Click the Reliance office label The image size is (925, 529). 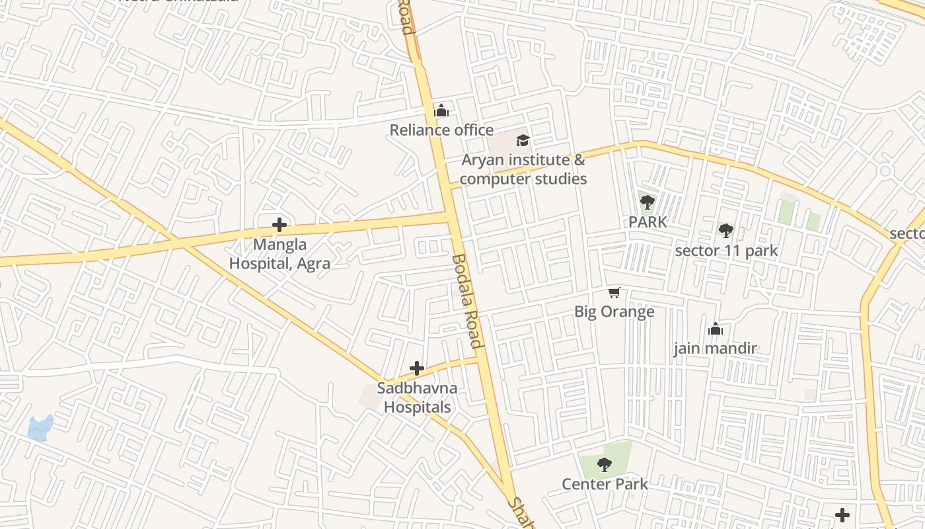click(x=441, y=130)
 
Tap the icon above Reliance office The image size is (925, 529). click(x=441, y=110)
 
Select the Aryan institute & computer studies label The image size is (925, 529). click(x=523, y=169)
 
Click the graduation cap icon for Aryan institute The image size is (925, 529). click(x=523, y=140)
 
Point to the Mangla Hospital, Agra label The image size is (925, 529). click(x=279, y=254)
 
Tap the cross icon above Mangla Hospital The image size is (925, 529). click(x=279, y=225)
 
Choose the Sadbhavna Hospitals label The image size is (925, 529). click(x=418, y=397)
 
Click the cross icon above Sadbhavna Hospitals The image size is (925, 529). click(x=417, y=368)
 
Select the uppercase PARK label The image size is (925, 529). click(x=647, y=222)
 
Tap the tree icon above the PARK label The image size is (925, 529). click(x=647, y=202)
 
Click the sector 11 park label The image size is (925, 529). click(x=726, y=251)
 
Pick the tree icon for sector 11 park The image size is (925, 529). click(x=726, y=231)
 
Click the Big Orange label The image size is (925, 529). click(x=614, y=311)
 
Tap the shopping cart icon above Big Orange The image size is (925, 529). click(x=614, y=292)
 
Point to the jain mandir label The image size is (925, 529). click(x=715, y=348)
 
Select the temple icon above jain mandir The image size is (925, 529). click(x=715, y=329)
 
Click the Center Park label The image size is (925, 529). click(x=605, y=484)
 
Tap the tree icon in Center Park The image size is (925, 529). click(x=605, y=465)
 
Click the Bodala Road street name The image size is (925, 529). click(x=468, y=301)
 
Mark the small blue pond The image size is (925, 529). click(x=40, y=428)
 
